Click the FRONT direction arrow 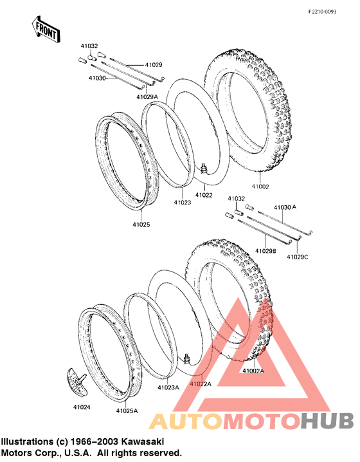tap(46, 30)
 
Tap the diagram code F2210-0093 tap(322, 12)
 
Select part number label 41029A tap(147, 97)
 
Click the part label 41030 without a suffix tap(97, 78)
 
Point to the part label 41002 tap(260, 187)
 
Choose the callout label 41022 tap(204, 195)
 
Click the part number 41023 tap(182, 203)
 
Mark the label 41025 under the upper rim tap(141, 225)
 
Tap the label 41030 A tap(285, 207)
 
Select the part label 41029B tap(265, 251)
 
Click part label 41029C tap(298, 257)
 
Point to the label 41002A tap(253, 371)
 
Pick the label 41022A tap(201, 384)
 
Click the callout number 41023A tap(168, 387)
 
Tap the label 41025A tap(127, 411)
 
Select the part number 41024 tap(82, 407)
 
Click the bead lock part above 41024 tap(77, 382)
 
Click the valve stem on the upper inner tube tap(203, 168)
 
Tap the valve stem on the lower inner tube tap(186, 358)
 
